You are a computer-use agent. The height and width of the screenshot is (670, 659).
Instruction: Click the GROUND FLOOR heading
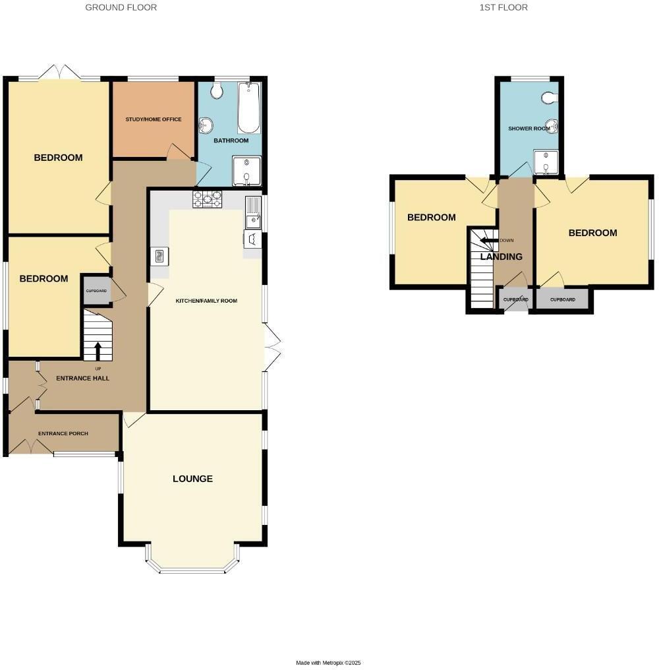click(121, 7)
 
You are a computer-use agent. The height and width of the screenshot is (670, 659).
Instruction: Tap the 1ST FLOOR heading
click(503, 7)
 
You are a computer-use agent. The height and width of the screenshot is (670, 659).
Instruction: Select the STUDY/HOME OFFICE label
click(154, 119)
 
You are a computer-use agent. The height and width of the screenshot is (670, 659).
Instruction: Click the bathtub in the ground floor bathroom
click(248, 108)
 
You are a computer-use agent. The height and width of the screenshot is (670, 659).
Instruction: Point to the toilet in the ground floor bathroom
click(217, 90)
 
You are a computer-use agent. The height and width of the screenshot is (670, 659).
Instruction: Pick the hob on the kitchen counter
click(207, 199)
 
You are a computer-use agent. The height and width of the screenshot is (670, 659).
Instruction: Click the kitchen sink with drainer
click(253, 212)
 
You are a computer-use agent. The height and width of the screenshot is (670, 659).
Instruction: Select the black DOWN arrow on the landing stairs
click(489, 241)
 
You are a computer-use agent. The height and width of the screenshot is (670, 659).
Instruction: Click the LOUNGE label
click(192, 479)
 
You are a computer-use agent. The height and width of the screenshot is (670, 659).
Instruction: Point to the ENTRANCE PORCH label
click(63, 433)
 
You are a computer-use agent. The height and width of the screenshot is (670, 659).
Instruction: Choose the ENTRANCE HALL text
click(83, 378)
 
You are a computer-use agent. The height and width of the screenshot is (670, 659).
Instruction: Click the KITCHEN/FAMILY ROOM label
click(206, 301)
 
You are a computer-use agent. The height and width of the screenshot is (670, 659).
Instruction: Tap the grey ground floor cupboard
click(96, 291)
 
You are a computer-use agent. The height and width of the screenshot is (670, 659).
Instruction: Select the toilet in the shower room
click(550, 98)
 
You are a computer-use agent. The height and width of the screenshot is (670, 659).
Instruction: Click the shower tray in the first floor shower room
click(546, 162)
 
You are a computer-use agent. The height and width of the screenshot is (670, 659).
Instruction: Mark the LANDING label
click(501, 257)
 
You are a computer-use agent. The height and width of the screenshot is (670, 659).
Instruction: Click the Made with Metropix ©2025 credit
click(328, 663)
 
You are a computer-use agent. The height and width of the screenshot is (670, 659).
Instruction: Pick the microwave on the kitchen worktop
click(159, 257)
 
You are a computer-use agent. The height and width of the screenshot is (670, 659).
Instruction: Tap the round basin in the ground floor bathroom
click(206, 125)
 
